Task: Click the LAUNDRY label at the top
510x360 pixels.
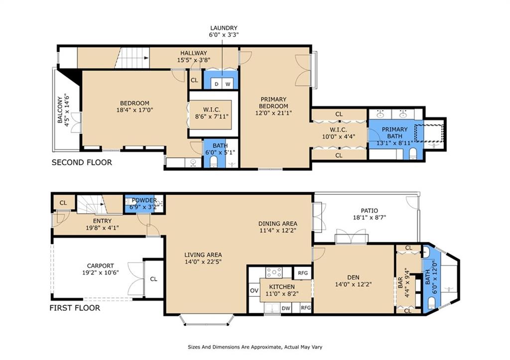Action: point(224,28)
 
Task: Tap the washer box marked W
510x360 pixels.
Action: point(228,84)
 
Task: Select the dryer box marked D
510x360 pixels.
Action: point(216,84)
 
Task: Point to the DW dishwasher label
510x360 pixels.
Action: point(286,308)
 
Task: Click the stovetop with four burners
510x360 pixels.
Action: point(274,272)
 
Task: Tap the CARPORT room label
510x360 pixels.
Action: point(100,265)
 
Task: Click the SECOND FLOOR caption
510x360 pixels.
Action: point(82,162)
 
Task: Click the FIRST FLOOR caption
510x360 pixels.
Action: point(75,308)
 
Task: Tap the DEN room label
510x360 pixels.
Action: point(354,277)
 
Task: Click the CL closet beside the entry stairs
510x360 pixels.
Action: point(63,203)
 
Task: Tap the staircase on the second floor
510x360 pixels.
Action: point(133,58)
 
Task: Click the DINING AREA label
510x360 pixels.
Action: point(277,224)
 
